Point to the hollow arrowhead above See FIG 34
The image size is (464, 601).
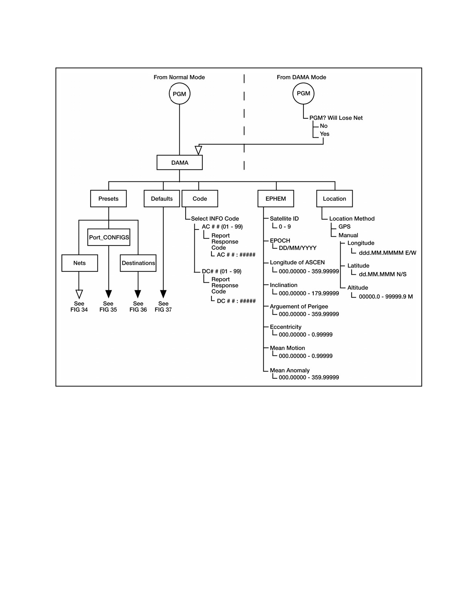pos(79,294)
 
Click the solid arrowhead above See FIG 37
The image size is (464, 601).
pos(163,294)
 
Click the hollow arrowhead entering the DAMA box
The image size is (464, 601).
pos(198,150)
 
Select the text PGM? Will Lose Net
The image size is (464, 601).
pos(336,118)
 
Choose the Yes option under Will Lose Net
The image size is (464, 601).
pos(325,134)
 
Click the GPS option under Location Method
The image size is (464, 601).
pos(344,227)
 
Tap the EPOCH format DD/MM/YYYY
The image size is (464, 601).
pos(297,248)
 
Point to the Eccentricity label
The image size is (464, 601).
pos(285,327)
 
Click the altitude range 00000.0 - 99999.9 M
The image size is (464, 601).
pos(386,297)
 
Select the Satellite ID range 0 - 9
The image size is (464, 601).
pos(285,227)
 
